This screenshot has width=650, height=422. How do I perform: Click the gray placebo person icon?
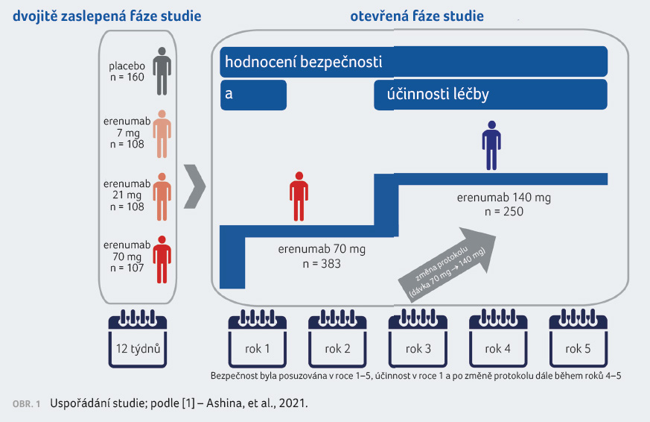(x=161, y=71)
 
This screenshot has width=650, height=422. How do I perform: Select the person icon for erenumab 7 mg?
(x=161, y=134)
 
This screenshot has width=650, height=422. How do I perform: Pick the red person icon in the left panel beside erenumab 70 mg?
(x=161, y=259)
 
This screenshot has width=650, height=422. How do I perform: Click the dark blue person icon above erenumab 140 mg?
(x=491, y=145)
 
